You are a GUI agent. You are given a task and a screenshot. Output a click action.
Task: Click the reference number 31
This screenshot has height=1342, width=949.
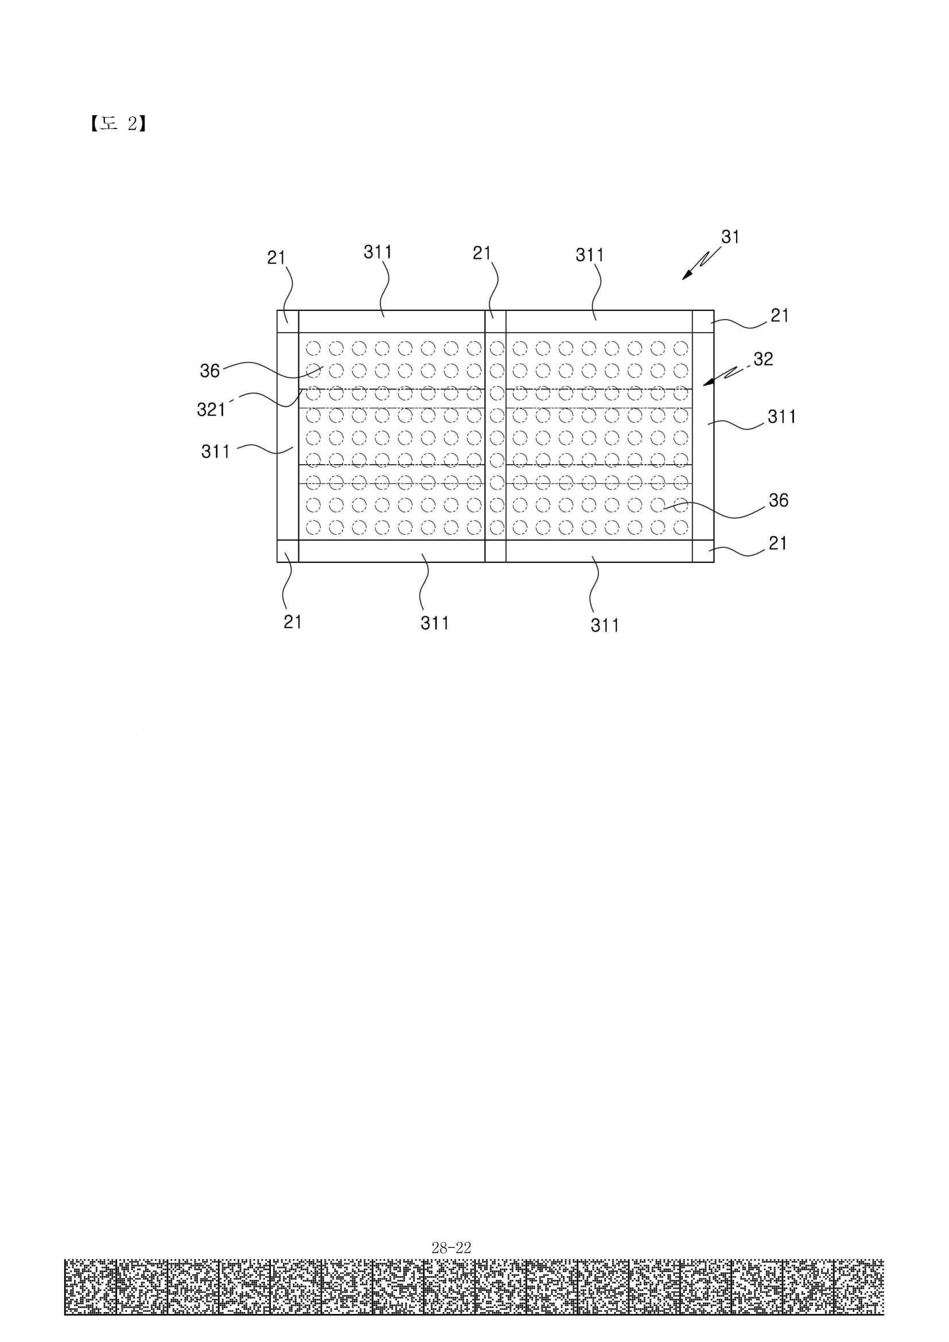tap(730, 237)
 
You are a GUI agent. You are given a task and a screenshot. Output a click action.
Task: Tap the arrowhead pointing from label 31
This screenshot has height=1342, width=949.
tap(689, 275)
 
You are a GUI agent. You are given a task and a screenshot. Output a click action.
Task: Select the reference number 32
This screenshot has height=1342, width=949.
tap(763, 359)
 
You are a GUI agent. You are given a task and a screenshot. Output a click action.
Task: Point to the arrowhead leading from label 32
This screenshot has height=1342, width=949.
tap(708, 381)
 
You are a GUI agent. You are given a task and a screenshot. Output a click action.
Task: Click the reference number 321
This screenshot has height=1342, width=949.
tap(211, 409)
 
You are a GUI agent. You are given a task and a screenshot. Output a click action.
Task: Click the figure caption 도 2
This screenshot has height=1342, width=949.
tap(118, 123)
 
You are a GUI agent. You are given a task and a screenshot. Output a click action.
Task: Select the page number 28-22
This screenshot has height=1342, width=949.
tap(451, 1248)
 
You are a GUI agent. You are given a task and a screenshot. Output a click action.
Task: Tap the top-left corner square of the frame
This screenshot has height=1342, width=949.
tap(287, 321)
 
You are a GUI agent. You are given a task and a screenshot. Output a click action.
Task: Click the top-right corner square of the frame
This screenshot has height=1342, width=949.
tap(703, 321)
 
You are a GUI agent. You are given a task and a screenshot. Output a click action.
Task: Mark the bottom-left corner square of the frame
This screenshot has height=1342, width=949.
tap(287, 551)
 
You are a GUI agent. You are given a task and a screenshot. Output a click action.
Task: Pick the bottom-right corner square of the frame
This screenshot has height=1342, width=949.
tap(703, 551)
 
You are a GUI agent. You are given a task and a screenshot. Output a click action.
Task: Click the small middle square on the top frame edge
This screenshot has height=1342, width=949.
tap(496, 321)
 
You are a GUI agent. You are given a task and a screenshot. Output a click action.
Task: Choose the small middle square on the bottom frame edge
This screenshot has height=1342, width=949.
tap(496, 551)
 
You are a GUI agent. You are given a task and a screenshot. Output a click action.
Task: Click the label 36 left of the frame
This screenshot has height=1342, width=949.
tap(210, 371)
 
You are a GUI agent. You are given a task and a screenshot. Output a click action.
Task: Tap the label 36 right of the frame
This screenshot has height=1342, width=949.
tap(779, 500)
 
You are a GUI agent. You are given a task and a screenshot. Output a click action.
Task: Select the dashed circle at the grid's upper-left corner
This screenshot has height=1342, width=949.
tap(313, 348)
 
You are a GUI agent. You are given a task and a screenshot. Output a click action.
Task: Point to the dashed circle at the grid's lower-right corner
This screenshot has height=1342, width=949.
tap(681, 528)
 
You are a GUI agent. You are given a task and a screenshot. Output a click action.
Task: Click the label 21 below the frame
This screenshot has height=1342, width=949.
tap(292, 622)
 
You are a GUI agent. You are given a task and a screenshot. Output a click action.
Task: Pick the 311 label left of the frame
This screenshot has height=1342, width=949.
tap(216, 451)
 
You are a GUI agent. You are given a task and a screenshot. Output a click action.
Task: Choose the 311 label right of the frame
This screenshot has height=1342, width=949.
tap(782, 417)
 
